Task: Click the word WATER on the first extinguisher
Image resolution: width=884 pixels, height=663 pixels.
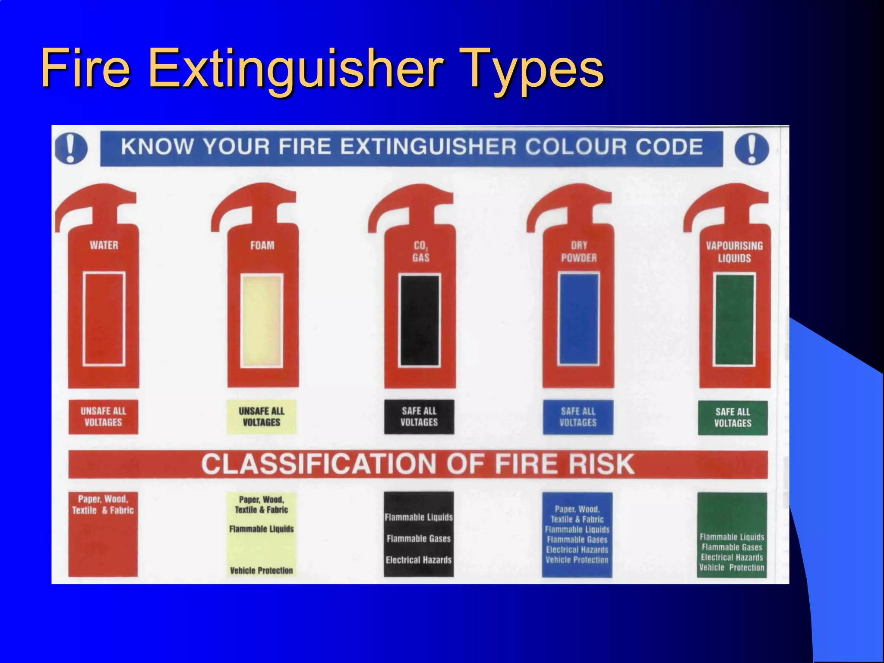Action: click(104, 245)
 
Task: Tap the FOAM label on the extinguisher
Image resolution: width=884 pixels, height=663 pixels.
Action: click(262, 245)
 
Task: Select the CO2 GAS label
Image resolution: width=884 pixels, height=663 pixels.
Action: click(420, 251)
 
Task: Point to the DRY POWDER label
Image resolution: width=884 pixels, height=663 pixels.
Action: click(579, 251)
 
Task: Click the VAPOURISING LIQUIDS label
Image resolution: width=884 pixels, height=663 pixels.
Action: click(734, 252)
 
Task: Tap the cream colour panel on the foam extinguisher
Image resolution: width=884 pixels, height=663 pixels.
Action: click(262, 320)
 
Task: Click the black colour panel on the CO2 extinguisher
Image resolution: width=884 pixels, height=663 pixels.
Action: click(420, 320)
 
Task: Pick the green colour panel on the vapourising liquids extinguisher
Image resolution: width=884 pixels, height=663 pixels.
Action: click(734, 319)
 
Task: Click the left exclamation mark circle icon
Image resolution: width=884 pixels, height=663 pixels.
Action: click(71, 148)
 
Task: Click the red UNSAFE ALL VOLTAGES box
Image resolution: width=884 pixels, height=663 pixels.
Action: click(104, 417)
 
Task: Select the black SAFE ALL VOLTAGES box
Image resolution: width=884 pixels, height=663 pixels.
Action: click(419, 417)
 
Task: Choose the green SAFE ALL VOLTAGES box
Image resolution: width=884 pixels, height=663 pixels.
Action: click(733, 417)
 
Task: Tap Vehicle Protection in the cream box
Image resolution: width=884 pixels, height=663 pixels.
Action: click(262, 570)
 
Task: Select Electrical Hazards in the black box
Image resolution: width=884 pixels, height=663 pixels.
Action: click(419, 560)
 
